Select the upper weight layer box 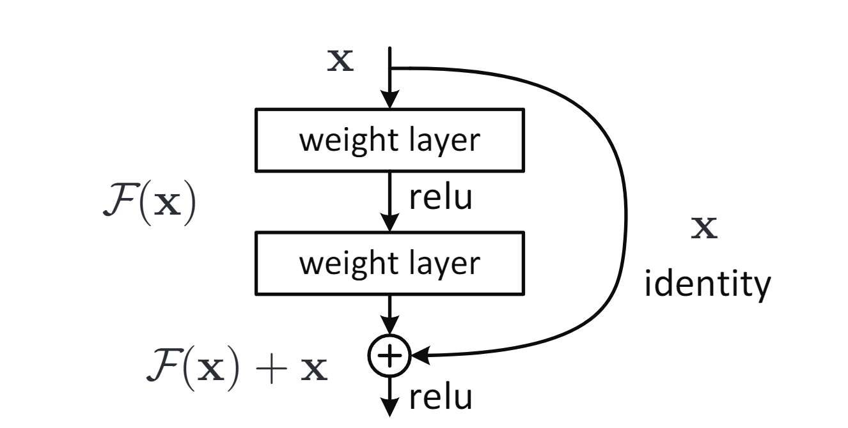[389, 141]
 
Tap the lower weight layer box [389, 263]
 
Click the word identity [704, 287]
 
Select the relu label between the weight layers [441, 201]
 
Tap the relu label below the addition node [441, 397]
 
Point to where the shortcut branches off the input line [390, 67]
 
